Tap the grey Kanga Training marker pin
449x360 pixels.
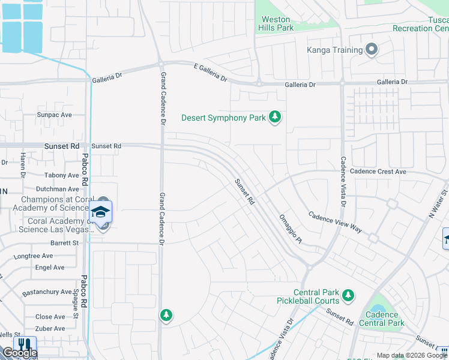372,50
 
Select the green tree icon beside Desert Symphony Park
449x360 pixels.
275,117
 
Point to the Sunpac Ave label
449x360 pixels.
54,115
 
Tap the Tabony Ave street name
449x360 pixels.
61,176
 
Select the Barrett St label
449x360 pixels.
64,243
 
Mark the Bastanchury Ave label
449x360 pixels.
47,292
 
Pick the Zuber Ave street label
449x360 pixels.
50,329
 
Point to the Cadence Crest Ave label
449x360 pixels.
379,172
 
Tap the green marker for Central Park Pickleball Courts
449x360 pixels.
348,295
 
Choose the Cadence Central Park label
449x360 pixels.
382,319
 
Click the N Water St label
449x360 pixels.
438,205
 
